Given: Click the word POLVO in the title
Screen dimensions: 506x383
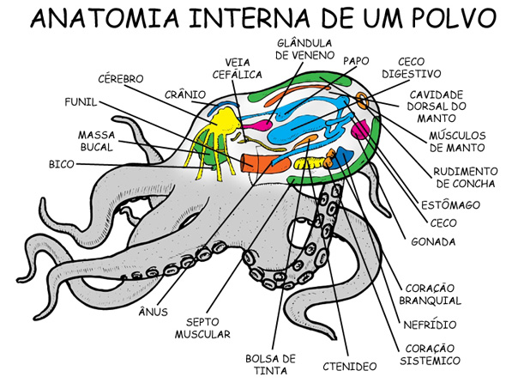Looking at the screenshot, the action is point(449,19).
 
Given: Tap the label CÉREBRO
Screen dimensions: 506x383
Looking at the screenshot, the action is point(121,78).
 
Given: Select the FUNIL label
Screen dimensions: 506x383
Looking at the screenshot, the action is point(81,102).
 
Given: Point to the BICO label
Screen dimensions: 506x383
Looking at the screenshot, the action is point(61,164).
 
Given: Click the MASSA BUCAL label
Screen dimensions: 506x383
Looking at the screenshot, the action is point(97,141).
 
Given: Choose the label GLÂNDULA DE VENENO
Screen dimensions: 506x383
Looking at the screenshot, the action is point(304,49).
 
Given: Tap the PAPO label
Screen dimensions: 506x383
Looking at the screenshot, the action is point(356,61).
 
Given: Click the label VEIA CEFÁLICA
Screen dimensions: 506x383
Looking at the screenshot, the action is point(237,69).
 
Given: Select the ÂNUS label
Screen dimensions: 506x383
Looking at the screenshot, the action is point(154,312).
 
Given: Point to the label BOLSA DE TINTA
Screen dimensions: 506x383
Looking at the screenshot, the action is point(270,364).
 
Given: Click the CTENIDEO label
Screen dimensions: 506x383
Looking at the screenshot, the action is point(350,366).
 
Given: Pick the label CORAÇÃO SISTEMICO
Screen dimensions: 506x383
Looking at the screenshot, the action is point(430,355).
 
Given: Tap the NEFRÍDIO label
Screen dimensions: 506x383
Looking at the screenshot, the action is point(430,325).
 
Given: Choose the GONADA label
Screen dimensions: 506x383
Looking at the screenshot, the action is point(433,242).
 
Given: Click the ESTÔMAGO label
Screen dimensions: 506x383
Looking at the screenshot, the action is point(450,205).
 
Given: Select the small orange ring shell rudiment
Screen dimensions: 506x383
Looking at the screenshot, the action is point(363,100).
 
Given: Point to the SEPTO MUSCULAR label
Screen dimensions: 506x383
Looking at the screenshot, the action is point(202,328).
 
